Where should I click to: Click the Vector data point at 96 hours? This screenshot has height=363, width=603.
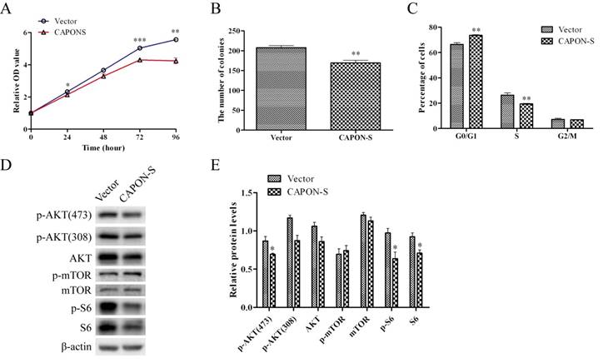176,40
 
